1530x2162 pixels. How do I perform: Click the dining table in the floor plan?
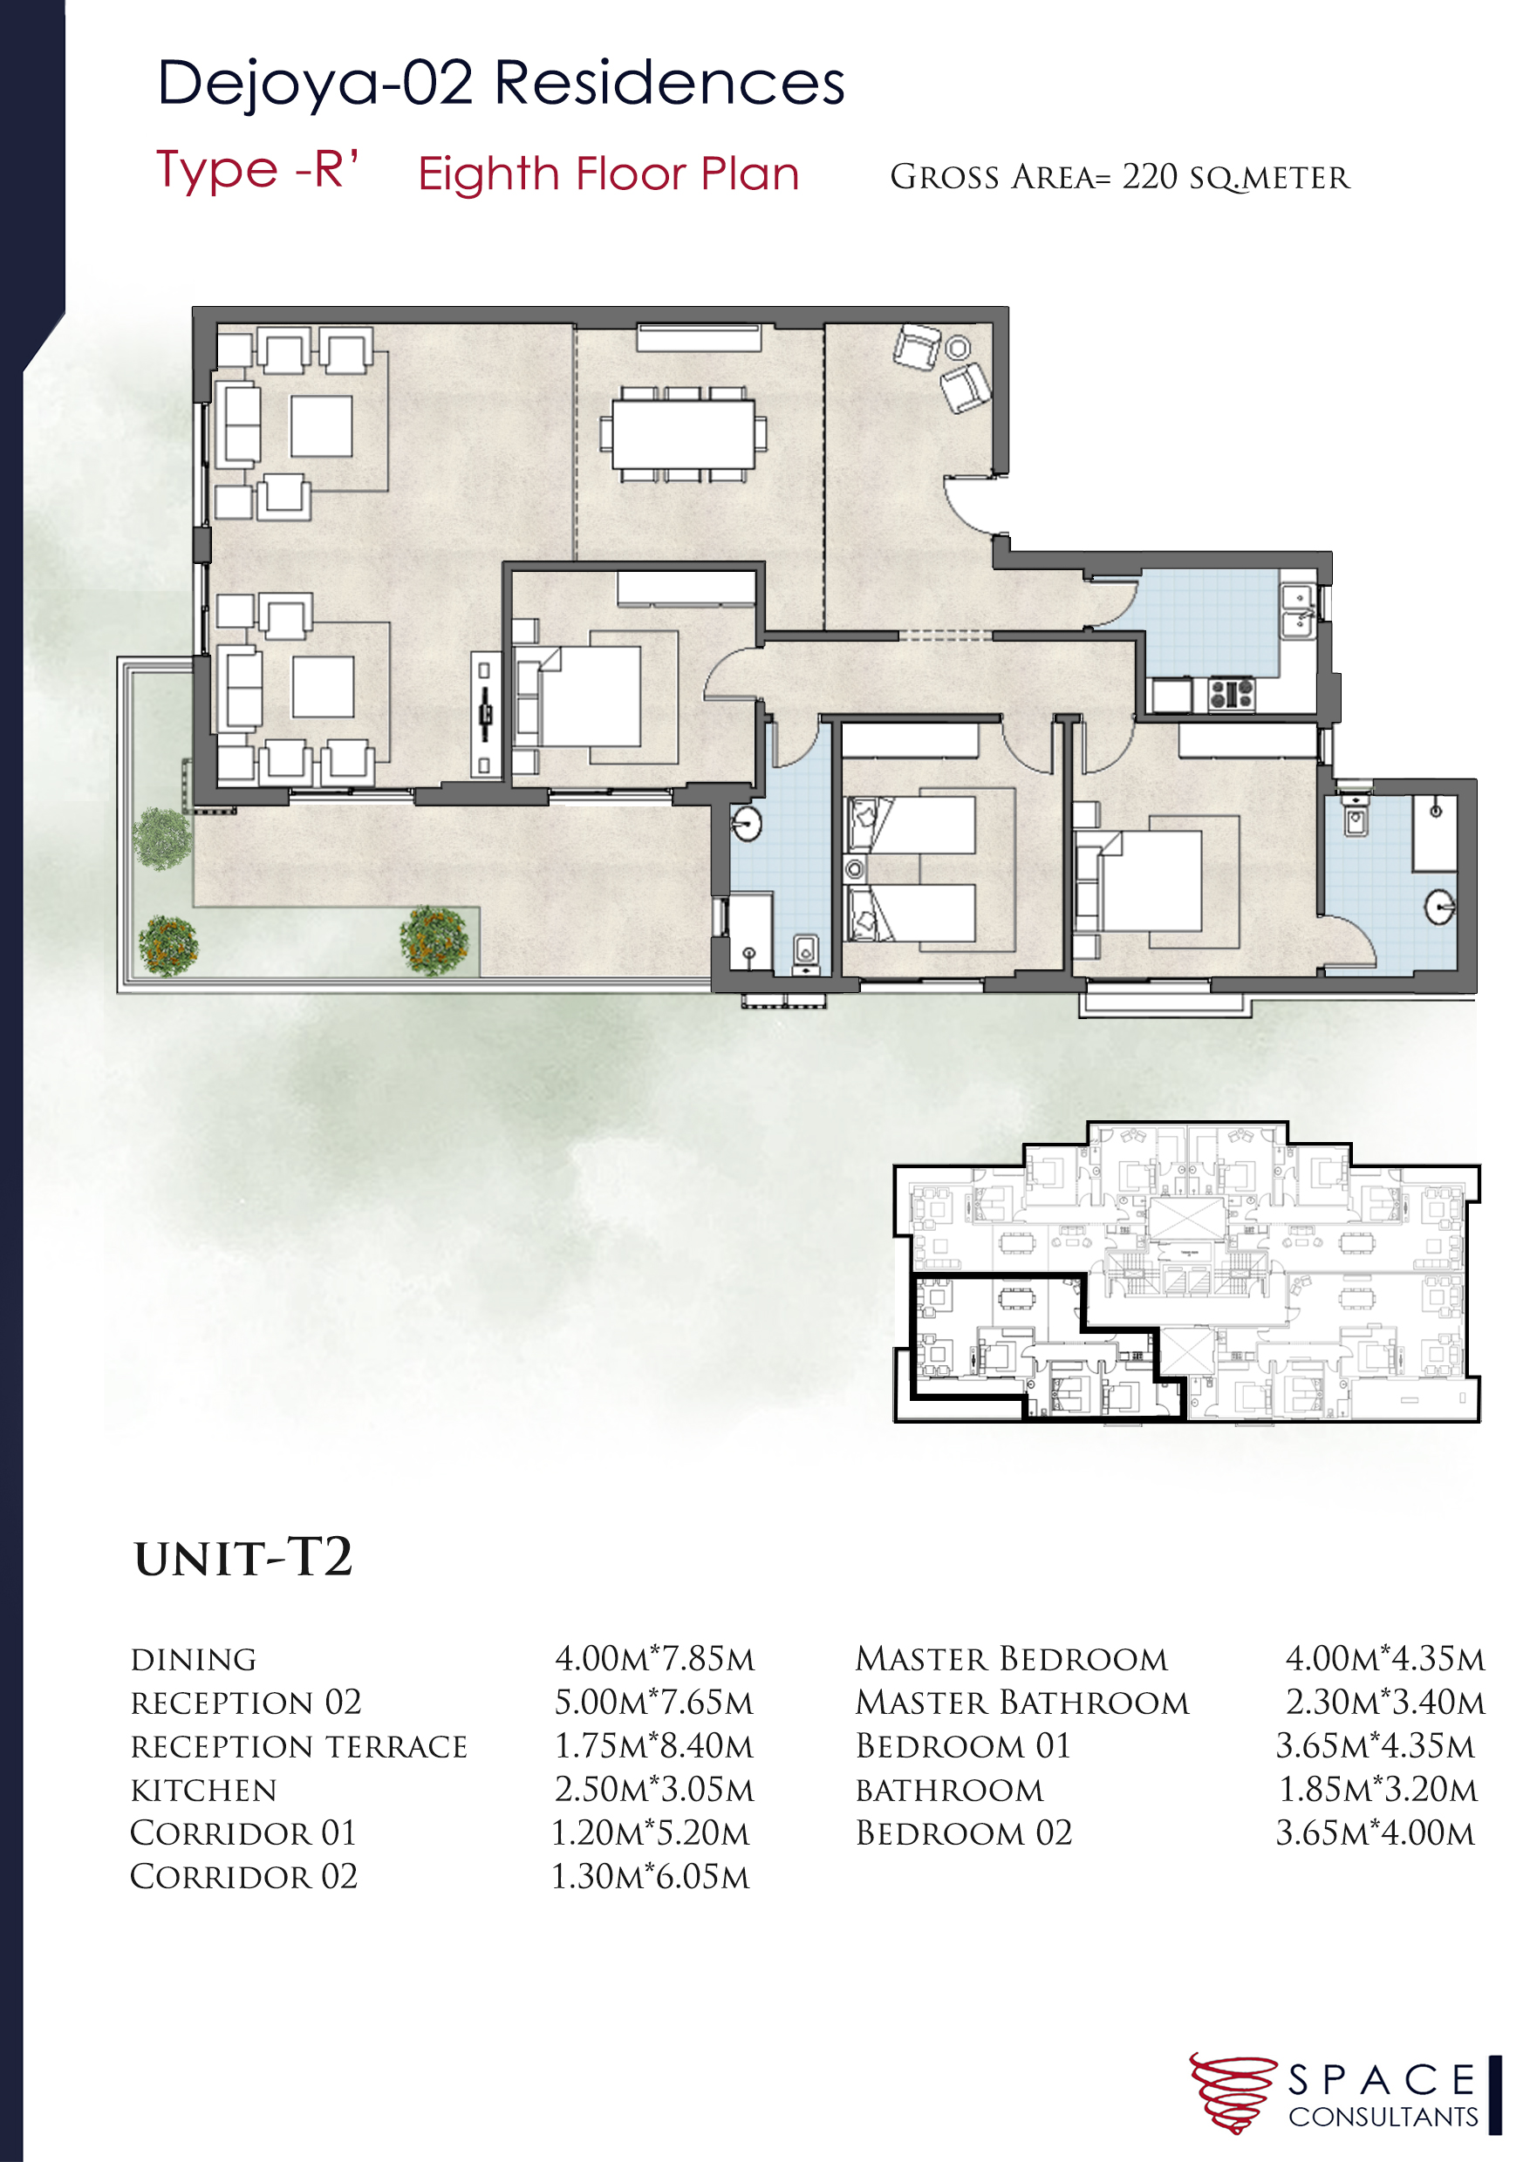point(683,433)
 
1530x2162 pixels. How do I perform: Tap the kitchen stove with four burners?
point(1232,694)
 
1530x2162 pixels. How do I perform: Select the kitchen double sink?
point(1298,610)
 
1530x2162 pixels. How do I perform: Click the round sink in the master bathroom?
point(1440,908)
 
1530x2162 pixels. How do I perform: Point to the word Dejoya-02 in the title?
point(315,83)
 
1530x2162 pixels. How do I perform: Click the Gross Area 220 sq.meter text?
point(1120,177)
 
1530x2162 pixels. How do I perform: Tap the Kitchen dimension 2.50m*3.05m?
point(655,1790)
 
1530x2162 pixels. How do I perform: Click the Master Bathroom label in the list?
point(1022,1703)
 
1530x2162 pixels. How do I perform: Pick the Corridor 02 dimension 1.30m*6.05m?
point(651,1877)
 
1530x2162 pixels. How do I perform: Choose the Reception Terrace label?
point(298,1747)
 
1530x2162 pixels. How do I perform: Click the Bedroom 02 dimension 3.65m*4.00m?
point(1376,1833)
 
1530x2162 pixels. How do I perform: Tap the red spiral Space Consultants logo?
point(1232,2093)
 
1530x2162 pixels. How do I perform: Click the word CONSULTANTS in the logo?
point(1383,2118)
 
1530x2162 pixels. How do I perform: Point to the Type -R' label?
point(257,171)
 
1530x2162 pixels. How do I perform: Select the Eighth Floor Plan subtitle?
point(609,174)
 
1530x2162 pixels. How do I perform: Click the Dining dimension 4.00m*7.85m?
point(655,1659)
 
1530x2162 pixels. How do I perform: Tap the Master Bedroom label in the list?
point(1012,1659)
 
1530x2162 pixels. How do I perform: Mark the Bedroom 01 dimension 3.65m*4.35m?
point(1376,1747)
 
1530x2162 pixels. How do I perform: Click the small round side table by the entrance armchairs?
point(958,349)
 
